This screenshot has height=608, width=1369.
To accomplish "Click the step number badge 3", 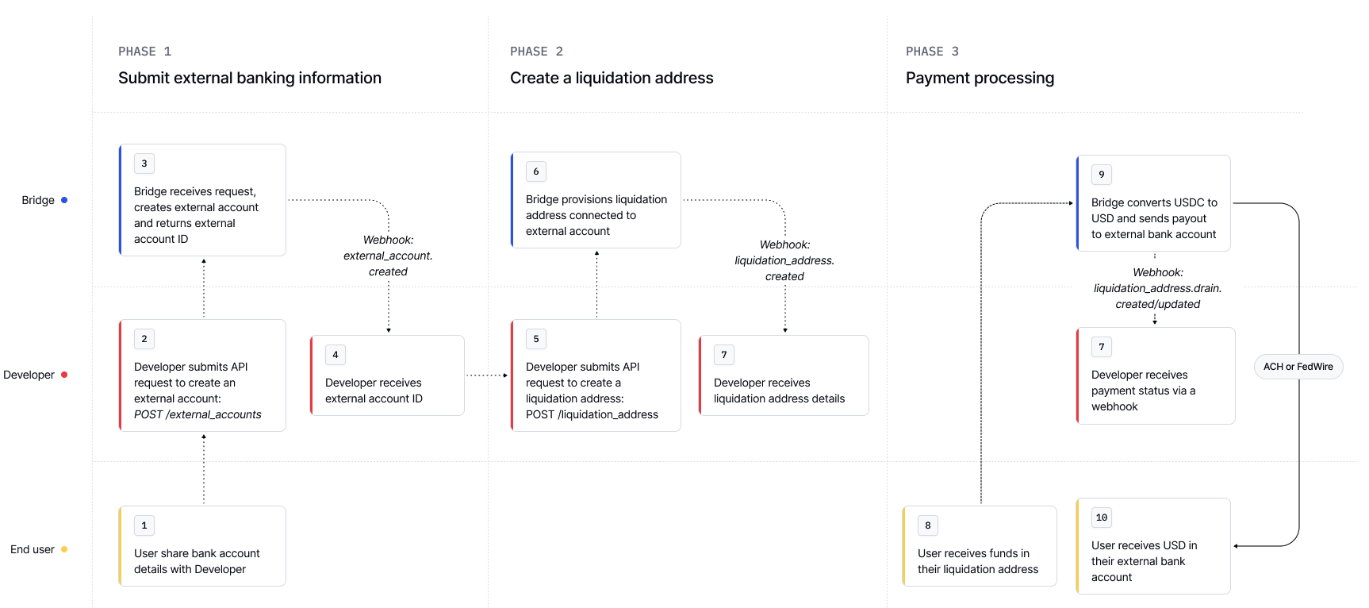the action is [x=144, y=164].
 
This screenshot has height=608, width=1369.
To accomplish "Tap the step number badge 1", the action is [x=144, y=525].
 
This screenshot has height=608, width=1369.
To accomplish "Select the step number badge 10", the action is [x=1102, y=518].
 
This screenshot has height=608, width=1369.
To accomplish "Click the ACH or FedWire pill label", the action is [x=1298, y=367].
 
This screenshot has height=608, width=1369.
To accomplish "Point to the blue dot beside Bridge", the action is [x=64, y=200].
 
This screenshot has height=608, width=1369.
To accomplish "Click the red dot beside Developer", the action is [x=64, y=375].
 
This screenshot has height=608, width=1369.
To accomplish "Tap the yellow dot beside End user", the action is [x=64, y=549].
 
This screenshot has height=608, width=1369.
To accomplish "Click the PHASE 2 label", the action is [x=536, y=52].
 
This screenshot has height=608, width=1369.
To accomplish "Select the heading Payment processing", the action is [x=980, y=78].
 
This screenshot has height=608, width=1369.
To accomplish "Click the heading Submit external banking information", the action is [x=250, y=78].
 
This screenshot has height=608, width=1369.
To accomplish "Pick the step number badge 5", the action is [x=536, y=339].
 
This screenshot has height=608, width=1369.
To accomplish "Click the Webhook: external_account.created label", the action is [x=388, y=256].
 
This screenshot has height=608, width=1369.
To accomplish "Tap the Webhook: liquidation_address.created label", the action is [x=784, y=260].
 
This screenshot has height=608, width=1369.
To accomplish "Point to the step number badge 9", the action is [x=1102, y=175].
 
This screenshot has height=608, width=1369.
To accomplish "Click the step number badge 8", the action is [x=928, y=525].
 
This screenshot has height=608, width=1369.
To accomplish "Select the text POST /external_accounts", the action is [x=197, y=414].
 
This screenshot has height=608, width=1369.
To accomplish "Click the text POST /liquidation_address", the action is [x=592, y=414].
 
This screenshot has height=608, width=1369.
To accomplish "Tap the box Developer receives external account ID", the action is [x=387, y=375].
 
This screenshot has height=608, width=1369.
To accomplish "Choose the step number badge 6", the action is [x=536, y=171].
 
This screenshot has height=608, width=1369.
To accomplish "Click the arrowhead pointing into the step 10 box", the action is [x=1236, y=546].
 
